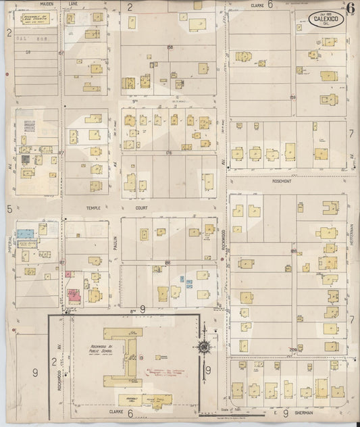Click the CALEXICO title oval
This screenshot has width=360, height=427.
328,20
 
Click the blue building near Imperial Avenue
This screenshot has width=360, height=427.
27,231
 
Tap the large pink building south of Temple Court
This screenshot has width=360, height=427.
74,295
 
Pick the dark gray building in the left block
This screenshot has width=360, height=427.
25,159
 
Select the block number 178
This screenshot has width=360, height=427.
169,153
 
